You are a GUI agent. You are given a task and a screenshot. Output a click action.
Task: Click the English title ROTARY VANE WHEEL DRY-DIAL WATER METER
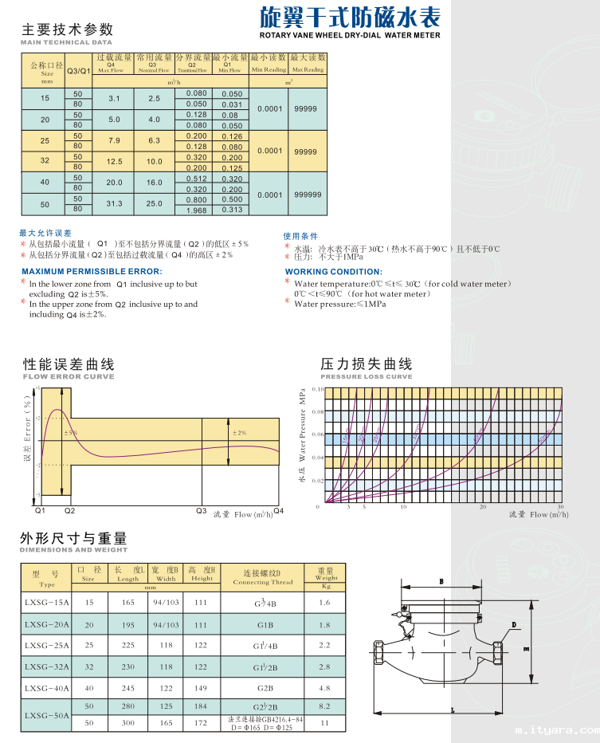pyautogui.click(x=350, y=36)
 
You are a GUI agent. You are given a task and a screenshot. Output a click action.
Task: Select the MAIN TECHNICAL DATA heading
pyautogui.click(x=66, y=41)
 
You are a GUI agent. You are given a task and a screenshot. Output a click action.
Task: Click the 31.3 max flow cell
pyautogui.click(x=114, y=204)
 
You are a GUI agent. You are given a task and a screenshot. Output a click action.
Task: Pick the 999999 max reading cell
pyautogui.click(x=308, y=195)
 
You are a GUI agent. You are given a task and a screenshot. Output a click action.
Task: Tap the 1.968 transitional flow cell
pyautogui.click(x=196, y=210)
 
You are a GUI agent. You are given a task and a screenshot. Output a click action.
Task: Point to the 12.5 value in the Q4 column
pyautogui.click(x=114, y=162)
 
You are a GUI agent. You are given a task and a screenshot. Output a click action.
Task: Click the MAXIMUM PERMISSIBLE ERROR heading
pyautogui.click(x=92, y=272)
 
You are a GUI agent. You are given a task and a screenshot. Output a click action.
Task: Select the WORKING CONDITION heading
pyautogui.click(x=333, y=272)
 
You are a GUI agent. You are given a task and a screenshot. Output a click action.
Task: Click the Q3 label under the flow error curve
pyautogui.click(x=201, y=510)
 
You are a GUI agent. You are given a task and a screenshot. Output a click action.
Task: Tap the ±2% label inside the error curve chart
pyautogui.click(x=239, y=432)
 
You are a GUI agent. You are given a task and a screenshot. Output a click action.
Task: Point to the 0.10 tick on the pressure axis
pyautogui.click(x=317, y=389)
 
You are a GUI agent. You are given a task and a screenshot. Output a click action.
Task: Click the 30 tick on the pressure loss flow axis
pyautogui.click(x=560, y=507)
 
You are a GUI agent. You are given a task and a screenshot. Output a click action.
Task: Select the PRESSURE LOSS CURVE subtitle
pyautogui.click(x=367, y=376)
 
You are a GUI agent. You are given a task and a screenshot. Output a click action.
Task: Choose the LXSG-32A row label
pyautogui.click(x=47, y=666)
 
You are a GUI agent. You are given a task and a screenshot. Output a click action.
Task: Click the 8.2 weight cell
pyautogui.click(x=324, y=706)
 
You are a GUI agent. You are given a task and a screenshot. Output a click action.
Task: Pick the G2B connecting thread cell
pyautogui.click(x=265, y=687)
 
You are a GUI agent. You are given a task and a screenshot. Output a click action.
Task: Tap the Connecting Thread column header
pyautogui.click(x=262, y=582)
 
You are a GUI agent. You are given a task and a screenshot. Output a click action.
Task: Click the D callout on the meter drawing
pyautogui.click(x=514, y=625)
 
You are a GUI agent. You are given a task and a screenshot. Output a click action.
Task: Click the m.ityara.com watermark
pyautogui.click(x=556, y=729)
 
